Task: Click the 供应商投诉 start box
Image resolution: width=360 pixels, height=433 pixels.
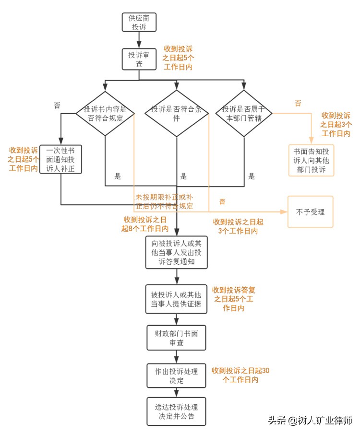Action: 139,22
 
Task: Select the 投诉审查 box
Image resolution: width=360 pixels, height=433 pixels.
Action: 139,59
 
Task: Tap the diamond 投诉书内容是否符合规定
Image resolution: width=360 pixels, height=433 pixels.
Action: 105,113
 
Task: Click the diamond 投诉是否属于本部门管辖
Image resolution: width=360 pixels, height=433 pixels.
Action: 244,113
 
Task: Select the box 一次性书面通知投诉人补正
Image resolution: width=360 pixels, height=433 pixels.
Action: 61,159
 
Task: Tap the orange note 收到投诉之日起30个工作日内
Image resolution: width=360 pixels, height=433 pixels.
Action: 240,374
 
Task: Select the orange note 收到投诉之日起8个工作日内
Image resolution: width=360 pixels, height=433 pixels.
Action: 144,223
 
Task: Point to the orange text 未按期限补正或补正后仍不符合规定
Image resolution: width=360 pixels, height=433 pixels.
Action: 165,201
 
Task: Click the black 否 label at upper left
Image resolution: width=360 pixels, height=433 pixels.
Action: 57,105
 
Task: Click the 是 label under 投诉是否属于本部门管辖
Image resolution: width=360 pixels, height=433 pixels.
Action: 251,176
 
